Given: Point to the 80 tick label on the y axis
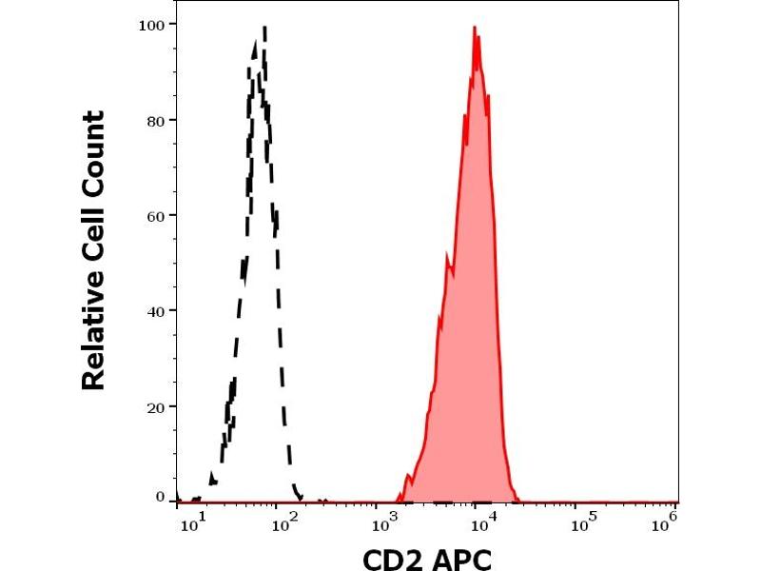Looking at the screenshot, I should point(155,120).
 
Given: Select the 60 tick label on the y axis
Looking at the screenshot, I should point(155,215).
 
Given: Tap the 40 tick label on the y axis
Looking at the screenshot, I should point(155,310).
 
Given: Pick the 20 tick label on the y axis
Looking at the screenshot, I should point(155,406).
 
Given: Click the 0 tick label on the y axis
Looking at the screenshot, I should point(160,496).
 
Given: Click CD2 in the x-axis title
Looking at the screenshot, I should point(392,558).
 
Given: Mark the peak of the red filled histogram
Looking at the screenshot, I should point(475,28).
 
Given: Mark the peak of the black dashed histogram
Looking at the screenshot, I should point(263,28).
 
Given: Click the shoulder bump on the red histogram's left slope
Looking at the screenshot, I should point(447,255).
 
